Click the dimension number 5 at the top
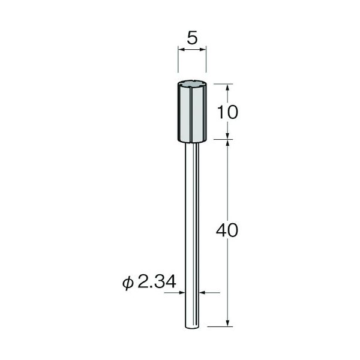click(192, 38)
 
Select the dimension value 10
click(227, 113)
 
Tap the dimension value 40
click(227, 230)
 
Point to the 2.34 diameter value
click(157, 282)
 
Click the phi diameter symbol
click(128, 283)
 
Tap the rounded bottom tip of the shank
click(192, 328)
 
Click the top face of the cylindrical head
click(192, 84)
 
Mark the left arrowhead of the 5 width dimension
click(181, 49)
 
